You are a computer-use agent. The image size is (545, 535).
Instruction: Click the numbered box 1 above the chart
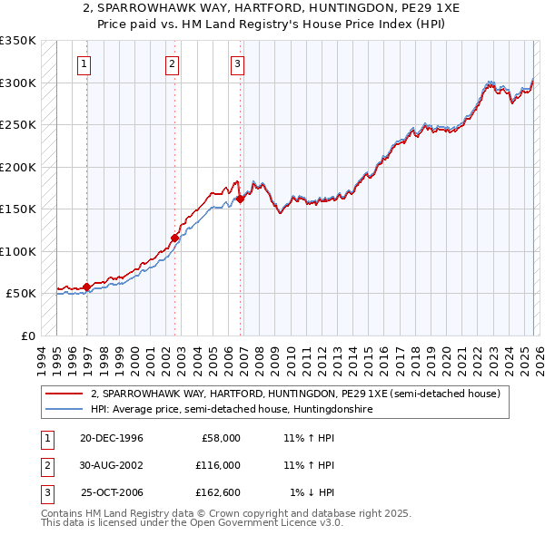click(x=84, y=63)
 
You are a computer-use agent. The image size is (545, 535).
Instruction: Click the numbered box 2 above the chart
click(x=172, y=63)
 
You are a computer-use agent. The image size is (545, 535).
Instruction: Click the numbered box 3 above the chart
click(x=236, y=63)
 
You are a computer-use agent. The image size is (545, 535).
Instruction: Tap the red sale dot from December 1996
click(x=87, y=287)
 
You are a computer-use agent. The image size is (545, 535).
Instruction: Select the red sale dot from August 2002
click(x=174, y=238)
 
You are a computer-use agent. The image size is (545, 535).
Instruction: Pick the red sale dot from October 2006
click(x=241, y=199)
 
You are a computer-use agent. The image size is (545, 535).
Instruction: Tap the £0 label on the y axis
click(x=27, y=336)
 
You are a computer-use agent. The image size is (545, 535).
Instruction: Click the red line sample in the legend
click(x=64, y=394)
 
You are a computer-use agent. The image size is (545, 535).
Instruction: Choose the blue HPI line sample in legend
click(x=64, y=410)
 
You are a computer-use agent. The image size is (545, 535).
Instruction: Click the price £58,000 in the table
click(x=220, y=438)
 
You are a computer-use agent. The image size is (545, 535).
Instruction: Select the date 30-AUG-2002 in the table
click(x=111, y=465)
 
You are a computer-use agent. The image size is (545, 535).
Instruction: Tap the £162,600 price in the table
click(x=217, y=492)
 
